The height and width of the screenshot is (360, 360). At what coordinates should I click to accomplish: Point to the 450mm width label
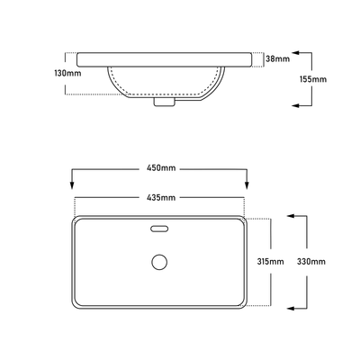tap(160, 167)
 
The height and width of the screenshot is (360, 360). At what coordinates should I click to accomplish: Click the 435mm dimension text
tap(160, 197)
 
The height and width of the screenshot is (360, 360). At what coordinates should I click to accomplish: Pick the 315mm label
tap(271, 261)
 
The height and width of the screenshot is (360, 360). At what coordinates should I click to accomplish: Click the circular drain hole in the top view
tap(159, 262)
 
